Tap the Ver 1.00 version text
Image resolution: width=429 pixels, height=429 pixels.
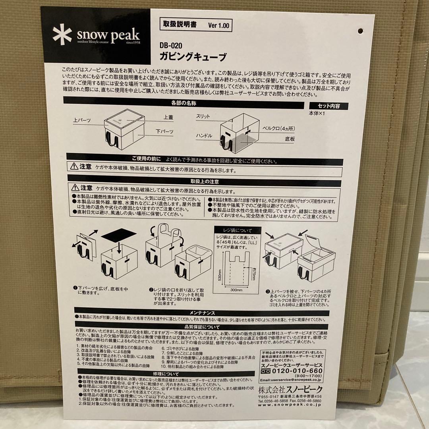pos(218,25)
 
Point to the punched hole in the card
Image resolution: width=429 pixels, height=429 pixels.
pos(361,31)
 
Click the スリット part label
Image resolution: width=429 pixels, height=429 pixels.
pos(204,116)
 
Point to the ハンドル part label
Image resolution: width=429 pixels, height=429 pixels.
pos(204,136)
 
